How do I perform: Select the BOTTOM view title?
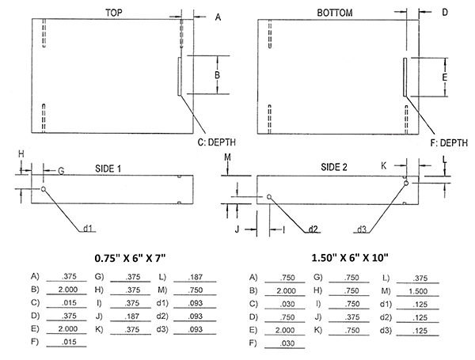(334, 13)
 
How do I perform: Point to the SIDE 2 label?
(333, 167)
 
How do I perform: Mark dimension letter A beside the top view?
(218, 17)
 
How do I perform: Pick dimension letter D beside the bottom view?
(445, 12)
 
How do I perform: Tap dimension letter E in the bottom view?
(445, 78)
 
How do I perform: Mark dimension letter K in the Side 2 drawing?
(383, 166)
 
